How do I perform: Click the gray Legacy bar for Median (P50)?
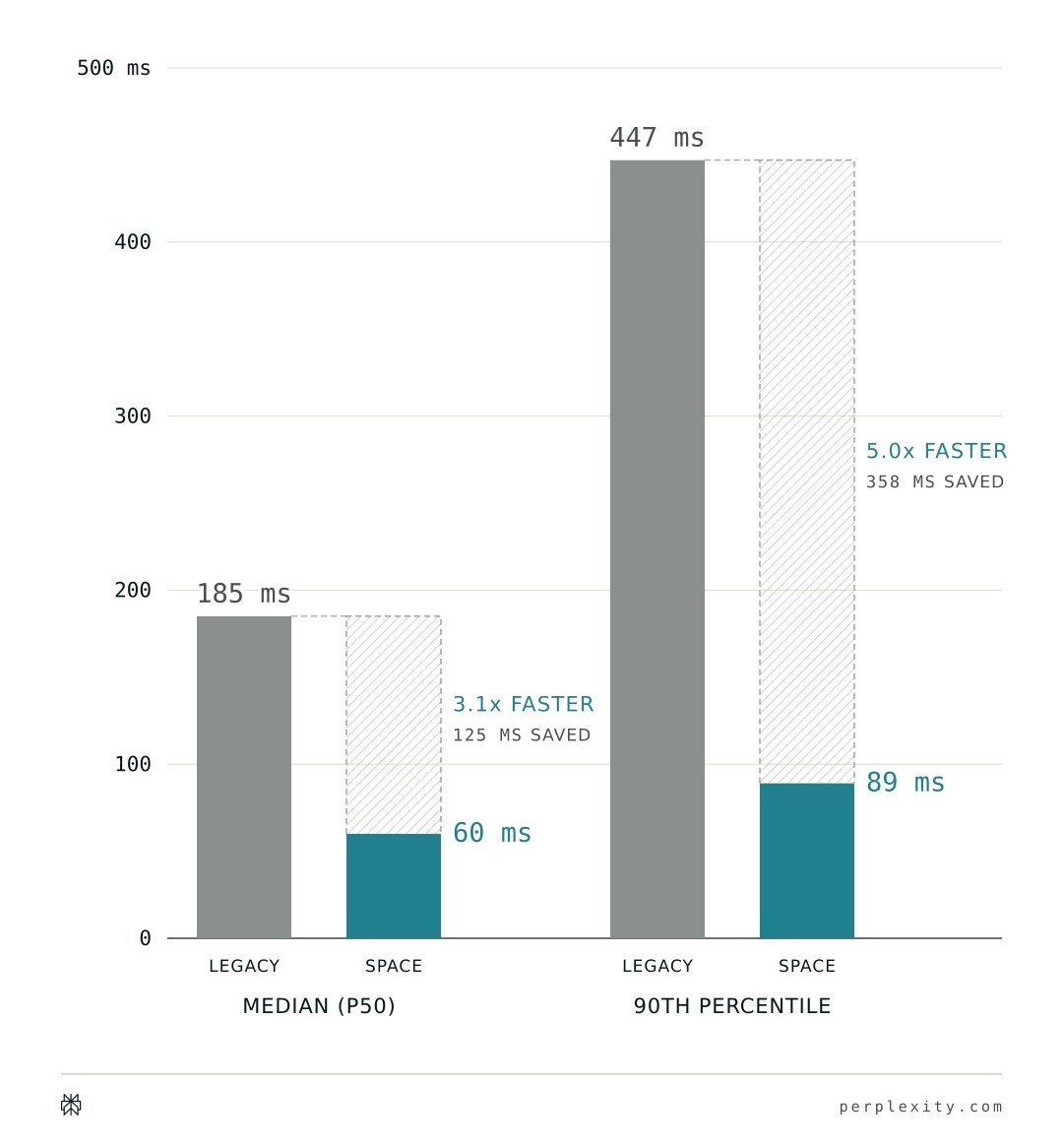(x=244, y=777)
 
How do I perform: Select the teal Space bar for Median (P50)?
(x=394, y=886)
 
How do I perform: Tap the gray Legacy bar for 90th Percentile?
(x=657, y=549)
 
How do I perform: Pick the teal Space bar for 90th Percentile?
(x=807, y=860)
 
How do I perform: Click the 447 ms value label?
(x=657, y=138)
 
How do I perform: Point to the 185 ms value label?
(x=243, y=594)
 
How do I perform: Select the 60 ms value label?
(x=492, y=833)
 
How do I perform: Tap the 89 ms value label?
(x=906, y=782)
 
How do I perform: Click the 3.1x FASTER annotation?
(x=524, y=704)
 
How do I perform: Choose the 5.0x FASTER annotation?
(x=936, y=451)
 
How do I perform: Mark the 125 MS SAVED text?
(x=522, y=735)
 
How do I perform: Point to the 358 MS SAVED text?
(x=935, y=482)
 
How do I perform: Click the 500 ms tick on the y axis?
(x=113, y=68)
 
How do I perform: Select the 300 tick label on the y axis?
(x=132, y=416)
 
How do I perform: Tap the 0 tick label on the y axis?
(x=145, y=938)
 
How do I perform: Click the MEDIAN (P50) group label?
(x=319, y=1006)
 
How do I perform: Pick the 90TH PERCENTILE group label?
(x=732, y=1006)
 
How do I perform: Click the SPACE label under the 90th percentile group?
(x=806, y=966)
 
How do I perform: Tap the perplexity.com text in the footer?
(x=920, y=1107)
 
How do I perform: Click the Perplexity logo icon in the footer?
(x=71, y=1105)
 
